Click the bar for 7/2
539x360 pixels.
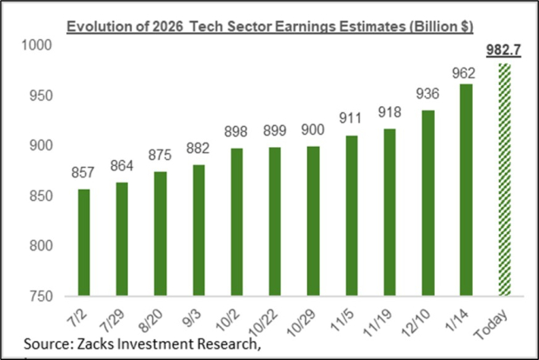[x=83, y=243]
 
